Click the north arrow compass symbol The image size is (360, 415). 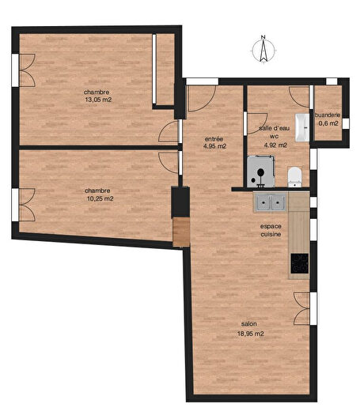(x=262, y=49)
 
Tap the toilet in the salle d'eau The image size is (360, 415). (x=294, y=175)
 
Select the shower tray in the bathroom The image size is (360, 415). (x=260, y=171)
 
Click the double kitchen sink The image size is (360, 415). (x=270, y=202)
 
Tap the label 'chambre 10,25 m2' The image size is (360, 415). (x=98, y=194)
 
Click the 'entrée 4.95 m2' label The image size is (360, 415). (x=214, y=142)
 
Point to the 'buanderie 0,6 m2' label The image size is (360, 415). (x=329, y=119)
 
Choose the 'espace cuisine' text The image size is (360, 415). (x=271, y=231)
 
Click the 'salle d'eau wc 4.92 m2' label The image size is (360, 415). (x=273, y=137)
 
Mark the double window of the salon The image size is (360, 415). (x=302, y=308)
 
